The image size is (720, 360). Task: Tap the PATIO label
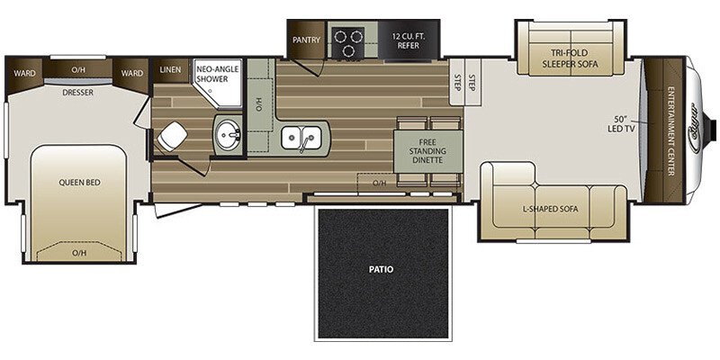pos(381,268)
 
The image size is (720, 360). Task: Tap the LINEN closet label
pos(170,70)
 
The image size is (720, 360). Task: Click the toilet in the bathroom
pos(170,137)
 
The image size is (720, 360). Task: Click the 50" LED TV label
pos(619,124)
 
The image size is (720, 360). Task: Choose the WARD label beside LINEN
pos(132,74)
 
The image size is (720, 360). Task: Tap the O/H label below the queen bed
pos(79,254)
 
